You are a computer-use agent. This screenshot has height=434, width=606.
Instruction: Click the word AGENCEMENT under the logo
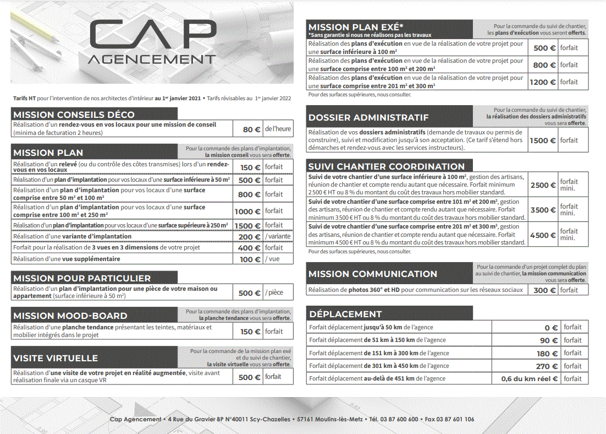152,59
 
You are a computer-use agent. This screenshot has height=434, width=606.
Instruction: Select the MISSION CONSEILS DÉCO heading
74,115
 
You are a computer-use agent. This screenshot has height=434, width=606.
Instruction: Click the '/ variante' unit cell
278,236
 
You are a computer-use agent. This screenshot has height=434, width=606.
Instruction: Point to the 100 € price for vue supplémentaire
250,259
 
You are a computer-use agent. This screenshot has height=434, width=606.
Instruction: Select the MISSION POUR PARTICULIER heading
82,278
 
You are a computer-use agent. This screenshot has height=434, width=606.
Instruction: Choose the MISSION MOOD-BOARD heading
70,316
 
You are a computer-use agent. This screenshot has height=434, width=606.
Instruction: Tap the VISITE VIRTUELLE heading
56,358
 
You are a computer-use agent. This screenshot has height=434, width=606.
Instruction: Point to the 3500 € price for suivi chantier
543,210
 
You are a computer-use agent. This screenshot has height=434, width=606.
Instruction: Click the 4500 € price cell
543,235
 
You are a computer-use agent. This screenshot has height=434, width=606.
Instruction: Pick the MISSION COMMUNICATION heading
373,274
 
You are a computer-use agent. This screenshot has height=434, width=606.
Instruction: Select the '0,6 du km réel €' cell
529,378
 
